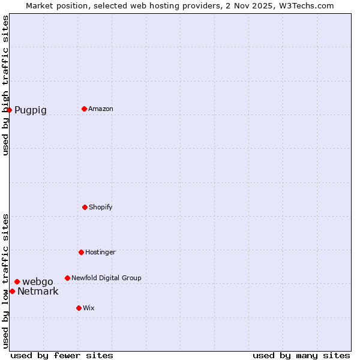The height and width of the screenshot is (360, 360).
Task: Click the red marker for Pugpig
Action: click(x=9, y=110)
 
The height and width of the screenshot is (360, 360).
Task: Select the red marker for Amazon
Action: click(x=84, y=109)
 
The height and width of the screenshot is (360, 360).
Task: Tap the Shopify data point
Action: click(x=85, y=207)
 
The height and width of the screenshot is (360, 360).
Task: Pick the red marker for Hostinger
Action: click(x=81, y=252)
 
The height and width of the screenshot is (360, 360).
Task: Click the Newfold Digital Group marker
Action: click(x=67, y=278)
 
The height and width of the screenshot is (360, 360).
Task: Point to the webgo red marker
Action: click(x=17, y=281)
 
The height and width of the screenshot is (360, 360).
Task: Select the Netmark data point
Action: click(x=12, y=291)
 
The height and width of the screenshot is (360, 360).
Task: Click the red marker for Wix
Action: click(x=79, y=308)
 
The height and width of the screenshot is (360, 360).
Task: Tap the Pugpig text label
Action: click(x=31, y=110)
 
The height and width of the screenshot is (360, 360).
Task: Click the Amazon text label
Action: click(x=101, y=109)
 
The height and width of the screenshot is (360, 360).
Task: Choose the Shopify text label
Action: click(x=101, y=208)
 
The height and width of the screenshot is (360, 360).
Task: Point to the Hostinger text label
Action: click(x=100, y=253)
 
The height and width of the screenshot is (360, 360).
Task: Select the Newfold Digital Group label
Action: click(x=106, y=278)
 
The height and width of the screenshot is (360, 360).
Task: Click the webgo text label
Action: click(x=38, y=282)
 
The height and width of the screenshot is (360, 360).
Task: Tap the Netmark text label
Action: click(x=38, y=292)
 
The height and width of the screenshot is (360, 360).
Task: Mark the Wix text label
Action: click(x=89, y=308)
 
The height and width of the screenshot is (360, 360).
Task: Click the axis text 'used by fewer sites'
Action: click(x=62, y=356)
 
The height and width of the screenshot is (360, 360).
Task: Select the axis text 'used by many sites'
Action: click(x=301, y=356)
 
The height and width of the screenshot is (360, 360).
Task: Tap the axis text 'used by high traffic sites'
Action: click(x=5, y=85)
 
